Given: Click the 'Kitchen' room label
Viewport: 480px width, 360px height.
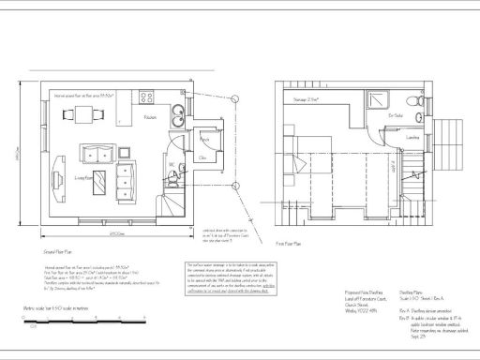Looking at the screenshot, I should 150,117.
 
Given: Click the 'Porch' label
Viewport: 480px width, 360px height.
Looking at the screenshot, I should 203,138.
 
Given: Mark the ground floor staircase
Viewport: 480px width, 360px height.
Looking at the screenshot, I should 172,202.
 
